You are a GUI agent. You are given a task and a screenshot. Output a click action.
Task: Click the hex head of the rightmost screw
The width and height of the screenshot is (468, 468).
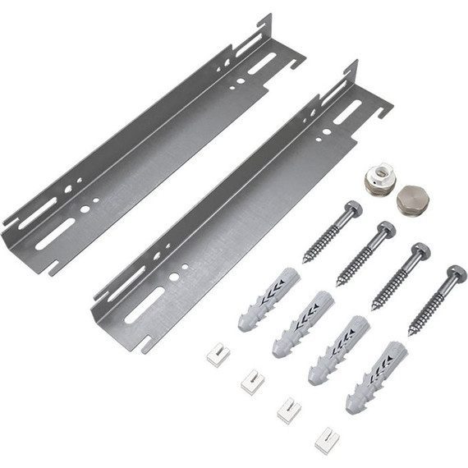(x=457, y=273)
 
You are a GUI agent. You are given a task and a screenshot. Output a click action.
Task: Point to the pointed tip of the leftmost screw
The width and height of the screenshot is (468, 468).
(x=305, y=260)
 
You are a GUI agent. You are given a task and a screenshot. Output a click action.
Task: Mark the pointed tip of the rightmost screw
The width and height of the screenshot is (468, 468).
(x=409, y=335)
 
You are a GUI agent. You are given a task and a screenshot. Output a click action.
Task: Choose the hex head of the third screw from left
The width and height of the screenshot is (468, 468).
(x=421, y=250)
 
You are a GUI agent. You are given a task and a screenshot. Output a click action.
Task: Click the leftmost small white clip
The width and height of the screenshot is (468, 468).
(x=218, y=354)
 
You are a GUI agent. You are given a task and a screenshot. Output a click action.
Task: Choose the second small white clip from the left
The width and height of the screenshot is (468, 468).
(x=252, y=380)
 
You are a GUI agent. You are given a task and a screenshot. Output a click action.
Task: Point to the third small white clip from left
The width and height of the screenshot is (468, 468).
(x=288, y=408)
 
